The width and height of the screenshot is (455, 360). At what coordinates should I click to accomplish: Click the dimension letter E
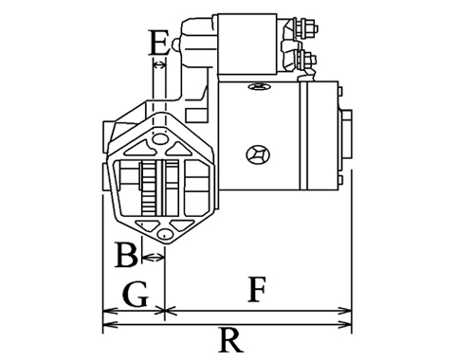(x=158, y=43)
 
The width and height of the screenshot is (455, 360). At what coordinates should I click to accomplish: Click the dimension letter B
(x=126, y=255)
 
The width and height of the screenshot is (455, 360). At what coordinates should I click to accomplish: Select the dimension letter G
(x=136, y=295)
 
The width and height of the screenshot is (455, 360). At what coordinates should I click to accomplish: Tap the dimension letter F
(x=257, y=289)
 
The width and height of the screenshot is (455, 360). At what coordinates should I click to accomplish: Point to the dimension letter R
(x=231, y=340)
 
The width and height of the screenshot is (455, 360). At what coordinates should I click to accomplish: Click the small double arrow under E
(x=159, y=65)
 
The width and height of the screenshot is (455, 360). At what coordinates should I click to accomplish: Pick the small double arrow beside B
(x=154, y=258)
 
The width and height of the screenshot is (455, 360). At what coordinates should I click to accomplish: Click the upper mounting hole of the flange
(x=159, y=138)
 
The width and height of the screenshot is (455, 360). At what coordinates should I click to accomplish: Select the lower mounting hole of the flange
(x=165, y=234)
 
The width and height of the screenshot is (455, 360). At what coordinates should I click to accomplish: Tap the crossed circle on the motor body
(x=258, y=154)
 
